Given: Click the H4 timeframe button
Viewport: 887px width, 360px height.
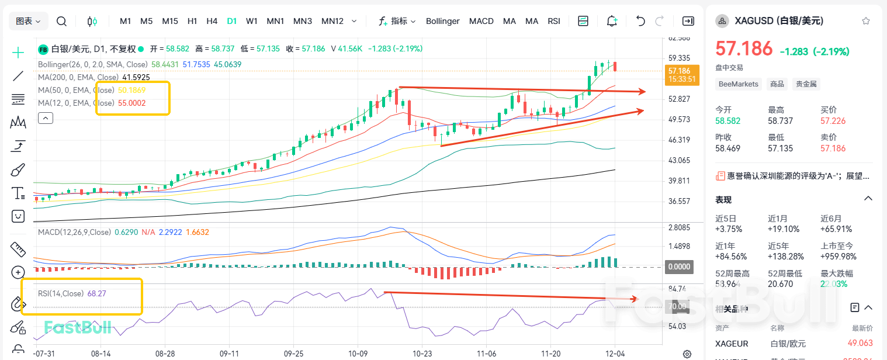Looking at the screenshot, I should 212,21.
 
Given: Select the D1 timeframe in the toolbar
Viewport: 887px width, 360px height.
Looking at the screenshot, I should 232,21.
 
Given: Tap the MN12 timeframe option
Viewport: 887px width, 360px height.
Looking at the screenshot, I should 332,21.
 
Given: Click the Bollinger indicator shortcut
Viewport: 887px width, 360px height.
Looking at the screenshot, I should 442,21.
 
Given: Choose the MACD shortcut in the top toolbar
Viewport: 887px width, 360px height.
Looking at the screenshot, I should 481,21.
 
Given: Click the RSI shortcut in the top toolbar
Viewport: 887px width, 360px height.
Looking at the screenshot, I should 554,21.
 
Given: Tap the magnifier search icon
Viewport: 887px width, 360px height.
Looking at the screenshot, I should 61,22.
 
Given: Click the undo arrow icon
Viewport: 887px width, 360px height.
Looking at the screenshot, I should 640,21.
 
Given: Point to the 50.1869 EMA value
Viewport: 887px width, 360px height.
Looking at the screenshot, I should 131,91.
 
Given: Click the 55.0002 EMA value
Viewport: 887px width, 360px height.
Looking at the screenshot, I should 131,103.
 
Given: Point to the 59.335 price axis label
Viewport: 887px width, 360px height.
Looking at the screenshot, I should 679,58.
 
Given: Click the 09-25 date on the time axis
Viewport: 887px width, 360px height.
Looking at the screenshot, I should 293,354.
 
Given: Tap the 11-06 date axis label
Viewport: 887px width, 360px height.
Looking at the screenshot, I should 486,354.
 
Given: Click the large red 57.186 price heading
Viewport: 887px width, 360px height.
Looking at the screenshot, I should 744,49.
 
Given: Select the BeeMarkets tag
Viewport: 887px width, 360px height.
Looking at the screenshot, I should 739,84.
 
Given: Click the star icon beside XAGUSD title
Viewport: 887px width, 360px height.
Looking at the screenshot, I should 865,21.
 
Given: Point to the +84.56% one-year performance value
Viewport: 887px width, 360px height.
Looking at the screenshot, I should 731,256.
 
